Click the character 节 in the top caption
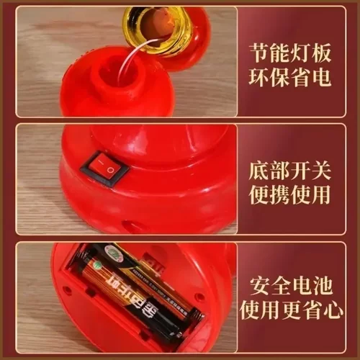click(x=260, y=52)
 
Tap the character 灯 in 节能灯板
click(x=302, y=52)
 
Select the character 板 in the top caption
click(x=324, y=52)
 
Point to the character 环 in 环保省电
click(x=260, y=76)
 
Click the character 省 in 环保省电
click(x=302, y=76)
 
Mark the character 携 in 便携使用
click(x=282, y=194)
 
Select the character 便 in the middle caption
click(x=260, y=194)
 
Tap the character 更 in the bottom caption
click(x=302, y=312)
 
